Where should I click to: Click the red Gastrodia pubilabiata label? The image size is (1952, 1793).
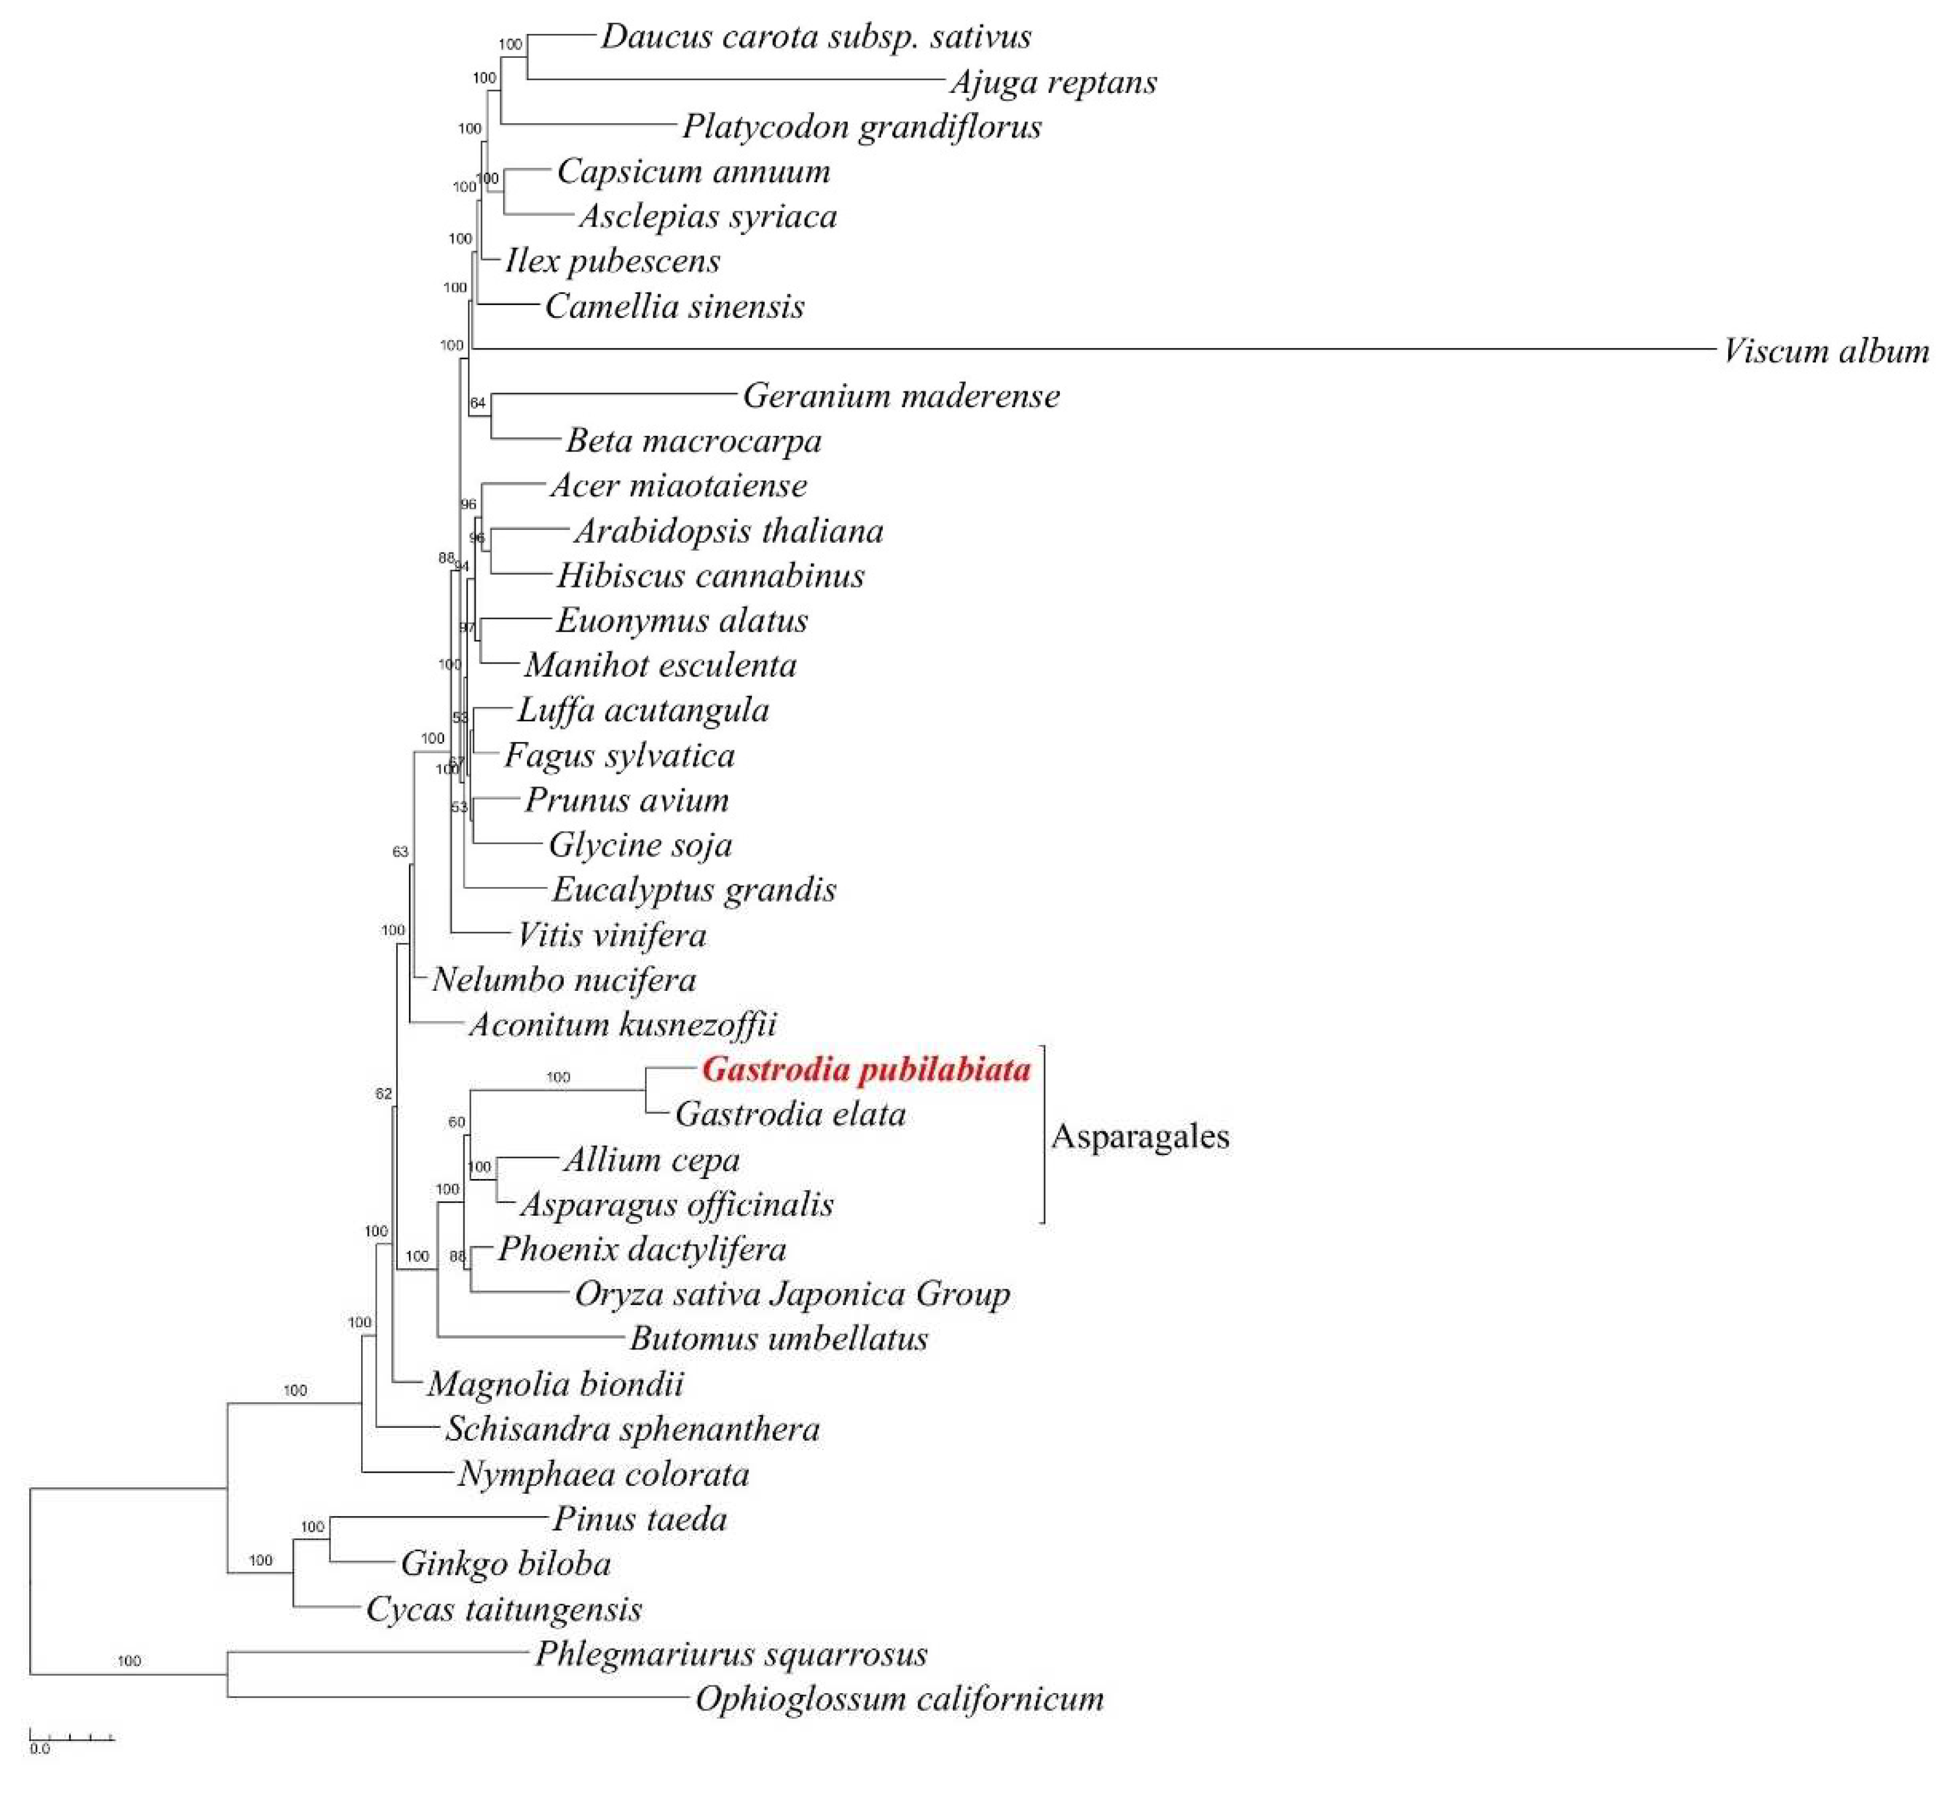(865, 1069)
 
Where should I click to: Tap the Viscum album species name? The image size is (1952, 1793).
(1826, 351)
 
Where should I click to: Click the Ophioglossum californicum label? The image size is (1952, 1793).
(899, 1699)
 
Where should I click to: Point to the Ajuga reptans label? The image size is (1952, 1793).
(1053, 82)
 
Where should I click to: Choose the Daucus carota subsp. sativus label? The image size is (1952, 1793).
(816, 37)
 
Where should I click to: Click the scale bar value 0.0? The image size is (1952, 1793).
(39, 1749)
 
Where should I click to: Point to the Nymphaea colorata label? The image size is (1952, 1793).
(604, 1474)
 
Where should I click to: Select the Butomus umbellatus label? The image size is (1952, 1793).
(779, 1339)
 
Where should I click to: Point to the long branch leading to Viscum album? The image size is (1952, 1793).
(1067, 348)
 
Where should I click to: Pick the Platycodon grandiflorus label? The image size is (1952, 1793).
(862, 126)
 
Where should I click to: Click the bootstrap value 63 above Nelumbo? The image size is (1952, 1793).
(400, 852)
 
